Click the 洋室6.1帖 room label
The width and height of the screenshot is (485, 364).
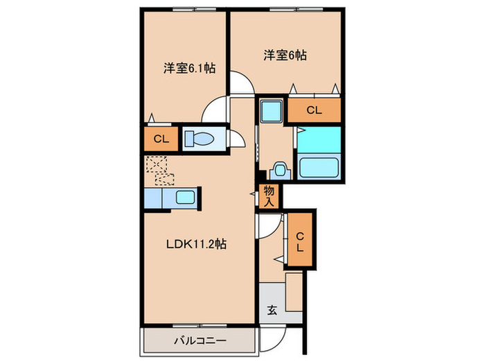coord(189,68)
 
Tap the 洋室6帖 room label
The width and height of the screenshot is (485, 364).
coord(285,55)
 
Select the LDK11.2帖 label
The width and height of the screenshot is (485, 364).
coord(196,244)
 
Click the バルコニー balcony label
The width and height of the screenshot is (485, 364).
coord(200,341)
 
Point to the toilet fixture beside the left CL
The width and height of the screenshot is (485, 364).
coord(200,139)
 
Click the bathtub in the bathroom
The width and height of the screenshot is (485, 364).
coord(319,167)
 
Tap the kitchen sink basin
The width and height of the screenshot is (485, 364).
coord(185,198)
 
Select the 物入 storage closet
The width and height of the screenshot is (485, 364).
coord(269,196)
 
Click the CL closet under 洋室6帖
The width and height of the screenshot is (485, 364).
coord(314,110)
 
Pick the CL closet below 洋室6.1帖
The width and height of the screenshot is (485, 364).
coord(161,139)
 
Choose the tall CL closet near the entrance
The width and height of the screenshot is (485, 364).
coord(300,240)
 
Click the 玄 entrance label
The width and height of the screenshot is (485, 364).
coord(272,310)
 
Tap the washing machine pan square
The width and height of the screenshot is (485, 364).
coord(272,111)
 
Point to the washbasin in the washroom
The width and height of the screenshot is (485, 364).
coord(280,171)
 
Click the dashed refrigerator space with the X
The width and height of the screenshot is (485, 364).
coord(157,164)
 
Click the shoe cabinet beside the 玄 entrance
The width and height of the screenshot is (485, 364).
coord(294,292)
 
